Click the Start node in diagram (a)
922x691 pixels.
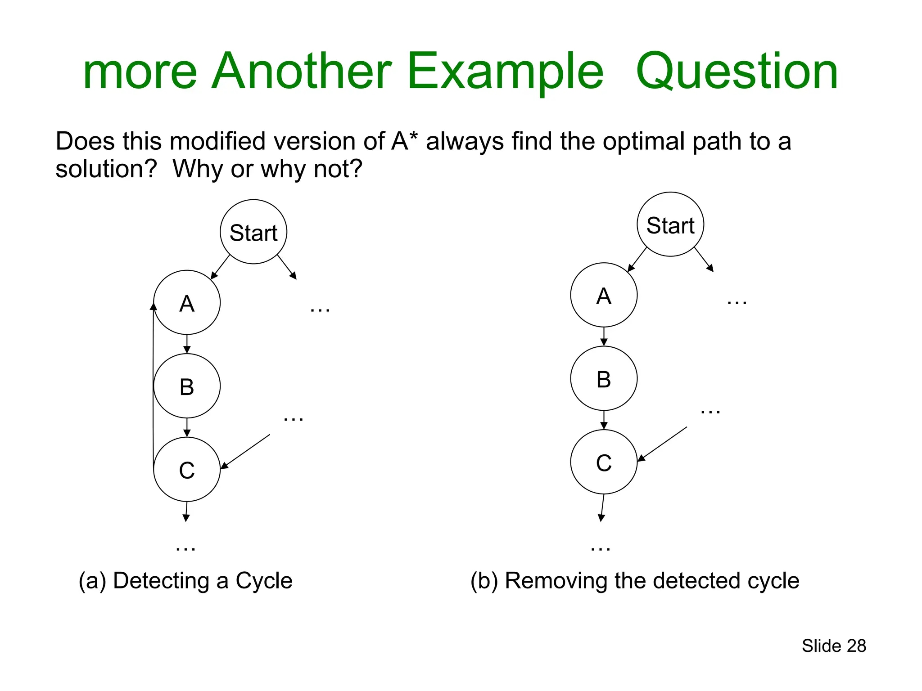click(253, 232)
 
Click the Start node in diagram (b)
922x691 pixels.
click(670, 224)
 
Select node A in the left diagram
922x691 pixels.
click(187, 303)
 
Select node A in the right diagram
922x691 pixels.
click(604, 295)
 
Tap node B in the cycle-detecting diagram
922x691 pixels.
click(187, 386)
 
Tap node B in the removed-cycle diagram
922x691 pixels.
click(604, 378)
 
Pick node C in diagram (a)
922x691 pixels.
click(187, 470)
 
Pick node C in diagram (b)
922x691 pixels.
click(604, 462)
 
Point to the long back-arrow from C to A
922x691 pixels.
click(153, 387)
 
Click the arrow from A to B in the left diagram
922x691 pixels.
click(187, 344)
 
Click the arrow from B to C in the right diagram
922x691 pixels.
click(604, 420)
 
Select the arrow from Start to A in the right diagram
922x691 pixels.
click(637, 259)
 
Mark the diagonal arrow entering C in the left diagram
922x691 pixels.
click(245, 451)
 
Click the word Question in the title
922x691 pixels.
click(737, 72)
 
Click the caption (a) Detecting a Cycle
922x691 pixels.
click(185, 580)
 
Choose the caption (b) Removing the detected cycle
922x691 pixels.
click(635, 580)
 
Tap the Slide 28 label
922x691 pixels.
click(834, 646)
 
